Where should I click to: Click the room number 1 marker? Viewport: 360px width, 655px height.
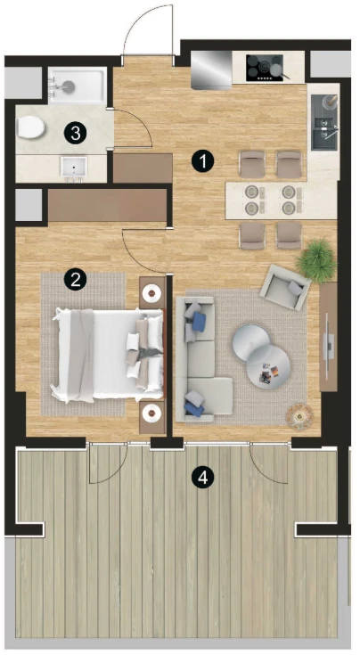pyautogui.click(x=202, y=160)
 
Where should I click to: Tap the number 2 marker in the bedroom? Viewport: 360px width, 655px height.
pyautogui.click(x=75, y=280)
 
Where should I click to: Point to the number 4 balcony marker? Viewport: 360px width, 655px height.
pyautogui.click(x=202, y=478)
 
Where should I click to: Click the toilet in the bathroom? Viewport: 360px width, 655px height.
pyautogui.click(x=30, y=127)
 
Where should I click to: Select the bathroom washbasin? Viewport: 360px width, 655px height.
pyautogui.click(x=74, y=168)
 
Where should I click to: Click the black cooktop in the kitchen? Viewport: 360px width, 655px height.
pyautogui.click(x=265, y=68)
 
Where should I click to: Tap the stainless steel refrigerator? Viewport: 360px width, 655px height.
pyautogui.click(x=211, y=70)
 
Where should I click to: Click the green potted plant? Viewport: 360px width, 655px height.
pyautogui.click(x=316, y=260)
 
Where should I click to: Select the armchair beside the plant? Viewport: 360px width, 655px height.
pyautogui.click(x=286, y=287)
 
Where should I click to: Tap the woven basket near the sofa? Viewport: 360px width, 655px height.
pyautogui.click(x=299, y=416)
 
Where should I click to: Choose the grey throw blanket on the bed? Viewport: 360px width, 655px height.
pyautogui.click(x=81, y=356)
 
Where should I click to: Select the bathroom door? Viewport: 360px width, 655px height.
pyautogui.click(x=131, y=128)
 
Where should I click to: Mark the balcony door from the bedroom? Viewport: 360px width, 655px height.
pyautogui.click(x=108, y=463)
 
